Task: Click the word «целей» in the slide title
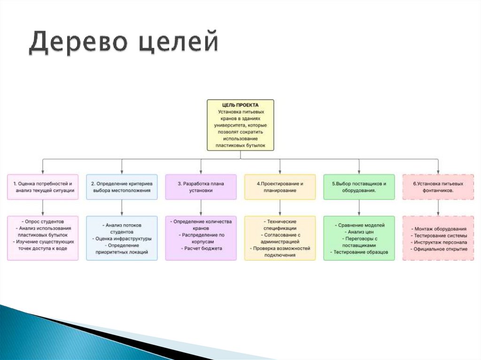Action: (179, 42)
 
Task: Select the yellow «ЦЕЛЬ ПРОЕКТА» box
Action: (240, 125)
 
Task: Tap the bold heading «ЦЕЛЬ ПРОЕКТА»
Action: (240, 105)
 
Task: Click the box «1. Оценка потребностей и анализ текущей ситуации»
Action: (43, 187)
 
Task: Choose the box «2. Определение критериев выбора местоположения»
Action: (122, 187)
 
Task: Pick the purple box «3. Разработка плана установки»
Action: (201, 187)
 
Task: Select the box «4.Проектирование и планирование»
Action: (280, 187)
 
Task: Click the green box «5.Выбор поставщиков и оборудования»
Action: (359, 187)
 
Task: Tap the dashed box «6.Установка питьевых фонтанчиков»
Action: (438, 187)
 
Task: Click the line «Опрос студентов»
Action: (43, 221)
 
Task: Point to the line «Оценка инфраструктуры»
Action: (122, 238)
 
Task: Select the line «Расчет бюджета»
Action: (201, 248)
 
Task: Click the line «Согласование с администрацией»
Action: (280, 238)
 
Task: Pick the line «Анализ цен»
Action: (359, 232)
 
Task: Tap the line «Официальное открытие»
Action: (438, 249)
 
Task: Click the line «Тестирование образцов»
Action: (359, 252)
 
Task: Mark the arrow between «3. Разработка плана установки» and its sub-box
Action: (201, 208)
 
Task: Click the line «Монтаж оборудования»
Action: (438, 229)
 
